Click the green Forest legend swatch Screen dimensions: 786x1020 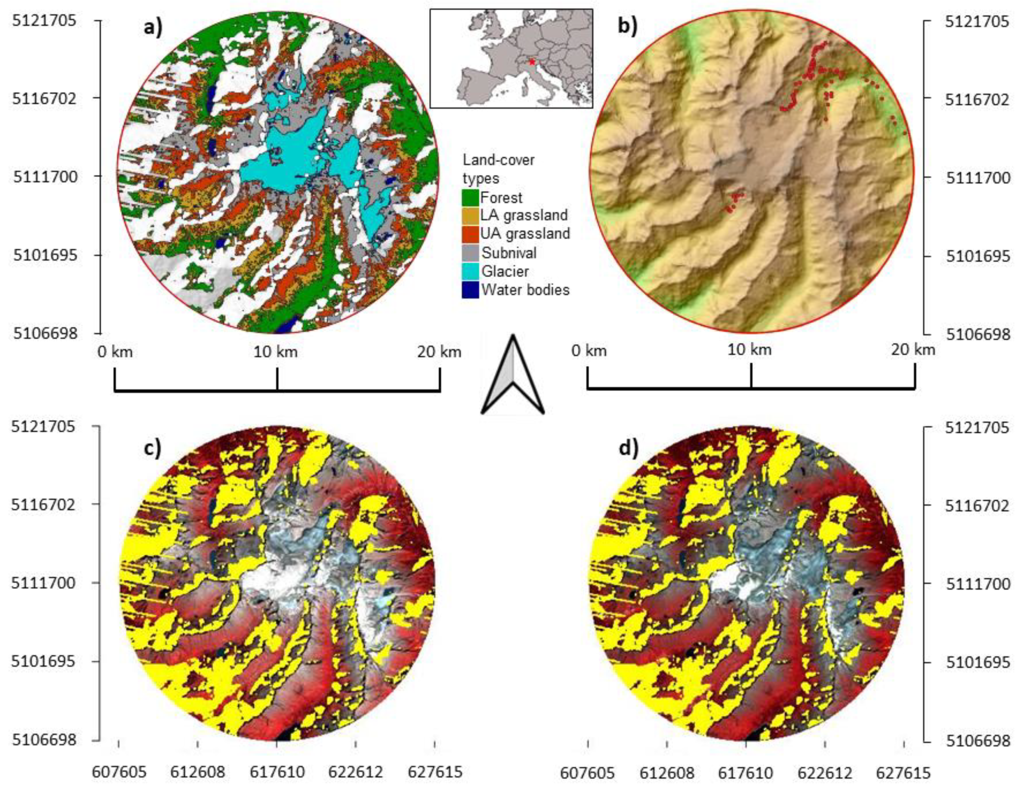[x=470, y=198]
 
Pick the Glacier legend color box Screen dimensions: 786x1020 [x=470, y=271]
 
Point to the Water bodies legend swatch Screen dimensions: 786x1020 [x=470, y=290]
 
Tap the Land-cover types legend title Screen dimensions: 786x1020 [x=498, y=169]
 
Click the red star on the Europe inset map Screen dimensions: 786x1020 [x=531, y=62]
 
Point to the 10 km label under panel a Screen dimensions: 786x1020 [x=276, y=351]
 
